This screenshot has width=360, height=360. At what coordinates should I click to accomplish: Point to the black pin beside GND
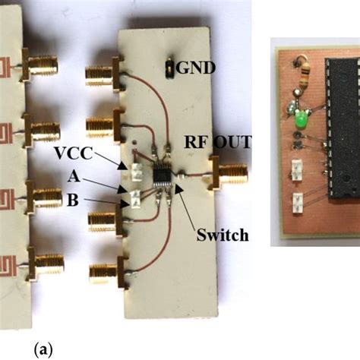(x=169, y=69)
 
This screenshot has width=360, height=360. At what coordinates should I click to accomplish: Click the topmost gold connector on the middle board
(x=103, y=74)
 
